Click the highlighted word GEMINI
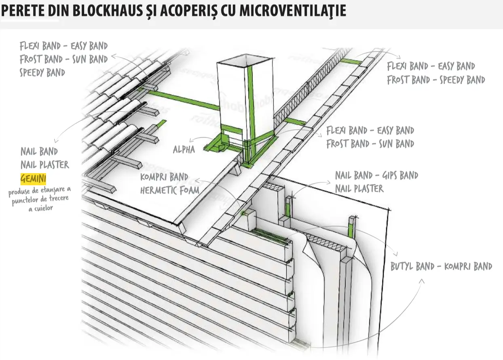pyautogui.click(x=33, y=178)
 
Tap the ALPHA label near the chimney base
pyautogui.click(x=184, y=150)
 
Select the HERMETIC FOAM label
pyautogui.click(x=169, y=190)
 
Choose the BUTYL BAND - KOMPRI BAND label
pyautogui.click(x=441, y=267)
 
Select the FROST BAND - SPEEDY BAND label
pyautogui.click(x=435, y=80)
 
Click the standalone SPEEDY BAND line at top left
pyautogui.click(x=42, y=73)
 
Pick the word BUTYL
pyautogui.click(x=402, y=267)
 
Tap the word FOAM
pyautogui.click(x=189, y=190)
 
